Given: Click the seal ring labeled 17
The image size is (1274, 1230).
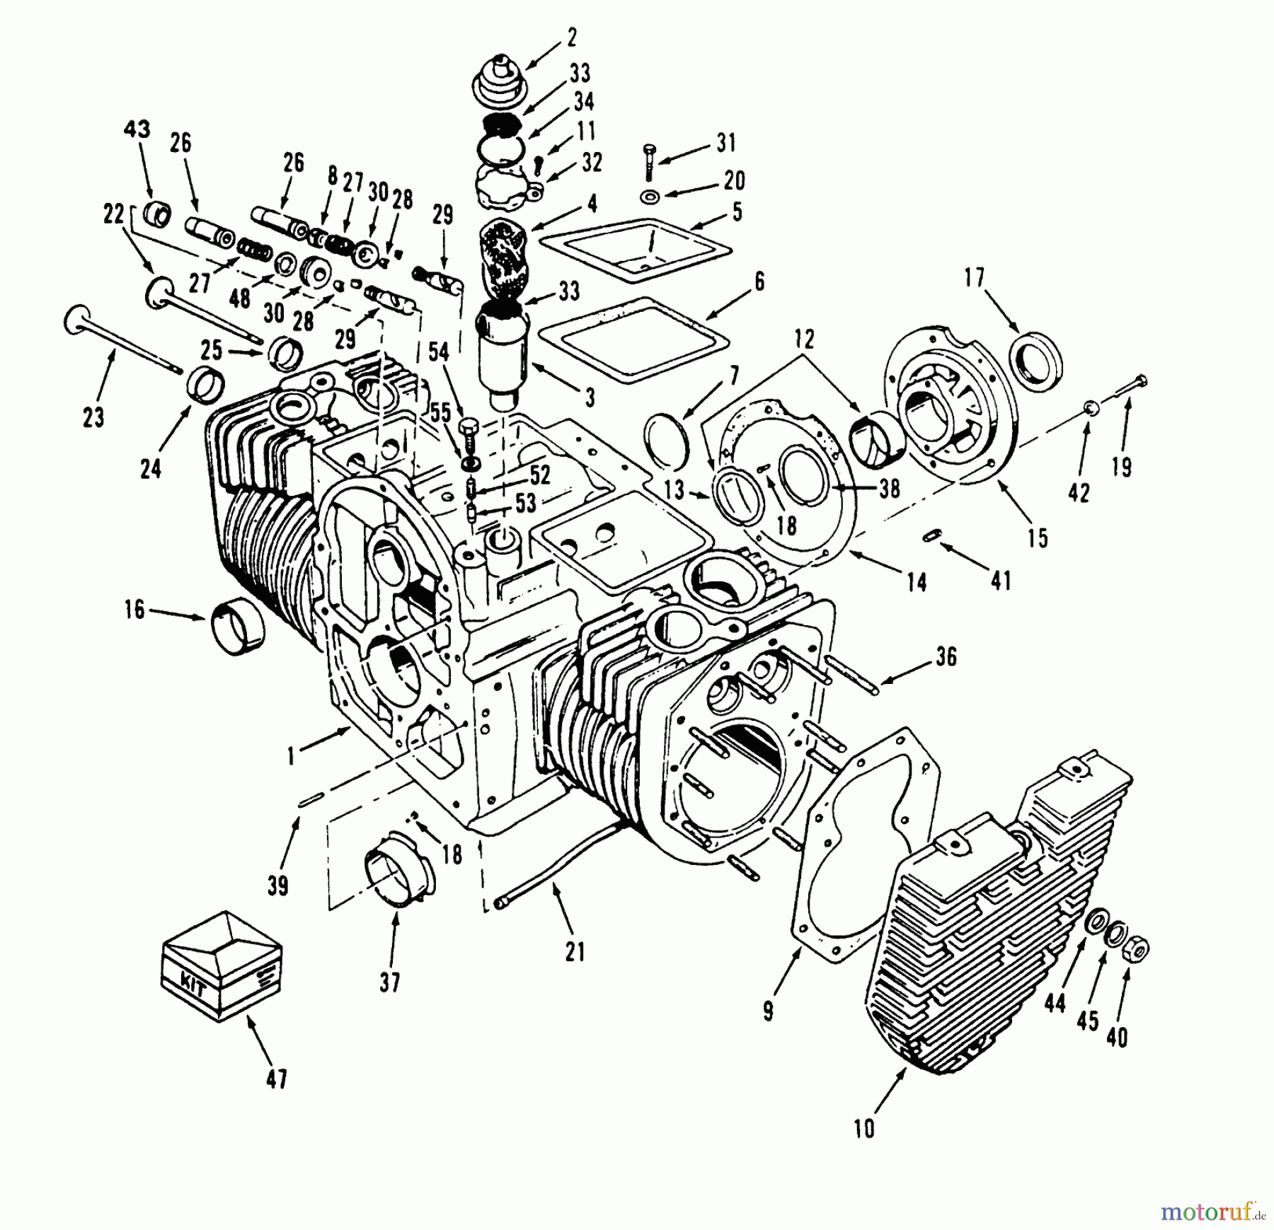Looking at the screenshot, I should click(x=1037, y=361).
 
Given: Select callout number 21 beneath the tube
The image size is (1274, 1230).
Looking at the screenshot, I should click(x=575, y=953).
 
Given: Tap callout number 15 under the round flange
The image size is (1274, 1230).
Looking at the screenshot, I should click(x=1037, y=538).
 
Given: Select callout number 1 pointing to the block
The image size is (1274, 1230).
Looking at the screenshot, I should click(x=289, y=758).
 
